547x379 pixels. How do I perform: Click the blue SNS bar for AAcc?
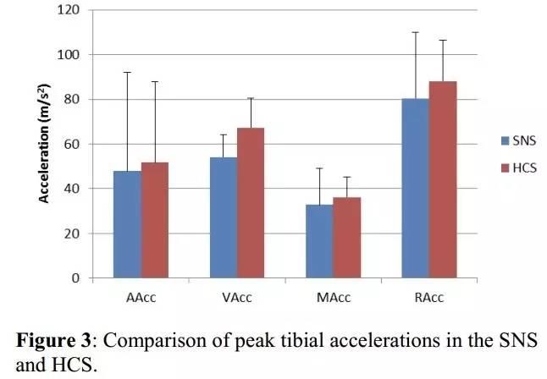[x=128, y=224]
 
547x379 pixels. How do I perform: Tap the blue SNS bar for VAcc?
[x=224, y=217]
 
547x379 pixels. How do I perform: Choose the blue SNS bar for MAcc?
[x=319, y=241]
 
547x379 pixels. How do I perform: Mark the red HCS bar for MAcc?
[x=346, y=238]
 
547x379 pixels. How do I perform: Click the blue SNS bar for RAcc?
[x=415, y=188]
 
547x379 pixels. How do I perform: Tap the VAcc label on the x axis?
[x=236, y=298]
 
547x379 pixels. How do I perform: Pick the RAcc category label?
[x=428, y=298]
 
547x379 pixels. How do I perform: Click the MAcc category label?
[x=333, y=298]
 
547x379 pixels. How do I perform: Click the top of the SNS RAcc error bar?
[x=415, y=32]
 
